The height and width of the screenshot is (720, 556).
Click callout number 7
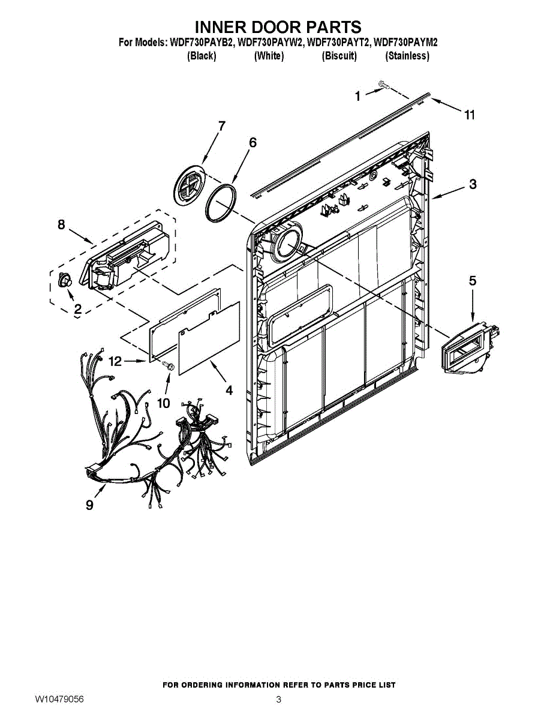click(221, 126)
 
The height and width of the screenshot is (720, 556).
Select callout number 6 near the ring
click(253, 142)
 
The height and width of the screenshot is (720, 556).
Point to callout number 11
click(470, 115)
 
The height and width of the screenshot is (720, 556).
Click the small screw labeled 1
click(382, 86)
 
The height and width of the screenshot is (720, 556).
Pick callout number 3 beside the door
click(473, 184)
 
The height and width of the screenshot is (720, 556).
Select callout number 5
click(473, 280)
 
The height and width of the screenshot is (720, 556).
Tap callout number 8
click(61, 224)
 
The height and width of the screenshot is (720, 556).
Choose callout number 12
click(115, 361)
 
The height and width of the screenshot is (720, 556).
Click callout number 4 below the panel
click(229, 389)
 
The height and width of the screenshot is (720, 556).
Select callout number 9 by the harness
click(89, 505)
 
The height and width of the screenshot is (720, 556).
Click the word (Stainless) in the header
click(407, 56)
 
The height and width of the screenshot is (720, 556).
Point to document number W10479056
click(59, 700)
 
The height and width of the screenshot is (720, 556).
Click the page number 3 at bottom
click(278, 700)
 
